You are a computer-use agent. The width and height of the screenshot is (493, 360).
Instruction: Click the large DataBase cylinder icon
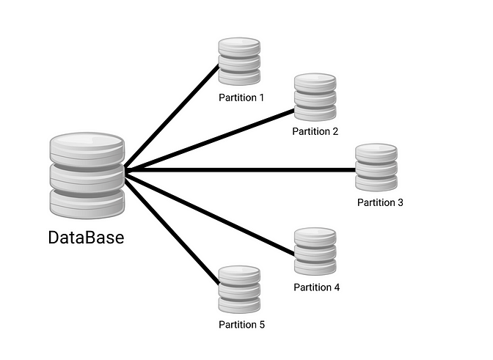[87, 175]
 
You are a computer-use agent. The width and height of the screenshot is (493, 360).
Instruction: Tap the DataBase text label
[87, 238]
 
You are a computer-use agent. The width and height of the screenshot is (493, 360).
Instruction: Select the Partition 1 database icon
[240, 62]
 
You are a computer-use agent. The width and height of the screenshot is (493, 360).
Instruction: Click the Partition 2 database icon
[315, 97]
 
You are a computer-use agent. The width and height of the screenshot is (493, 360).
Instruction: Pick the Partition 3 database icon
[376, 168]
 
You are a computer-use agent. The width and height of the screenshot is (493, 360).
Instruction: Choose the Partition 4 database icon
[315, 251]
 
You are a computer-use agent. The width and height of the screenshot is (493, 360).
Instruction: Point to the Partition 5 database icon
[240, 290]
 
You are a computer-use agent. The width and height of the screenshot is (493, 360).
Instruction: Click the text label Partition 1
[241, 98]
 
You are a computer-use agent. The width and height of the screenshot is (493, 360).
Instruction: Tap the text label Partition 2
[315, 132]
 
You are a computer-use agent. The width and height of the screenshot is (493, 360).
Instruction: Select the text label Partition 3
[380, 202]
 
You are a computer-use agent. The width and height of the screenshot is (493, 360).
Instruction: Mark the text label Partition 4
[316, 287]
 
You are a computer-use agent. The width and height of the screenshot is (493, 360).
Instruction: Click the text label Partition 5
[241, 325]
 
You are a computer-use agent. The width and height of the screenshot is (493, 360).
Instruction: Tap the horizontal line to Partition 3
[242, 170]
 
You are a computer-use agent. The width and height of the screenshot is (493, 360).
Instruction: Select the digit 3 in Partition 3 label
[400, 202]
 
